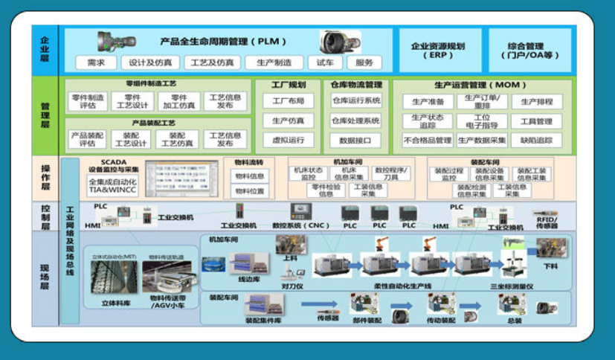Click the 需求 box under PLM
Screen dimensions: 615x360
click(96, 62)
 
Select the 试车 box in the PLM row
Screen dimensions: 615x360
click(325, 62)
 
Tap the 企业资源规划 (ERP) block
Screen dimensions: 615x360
click(438, 50)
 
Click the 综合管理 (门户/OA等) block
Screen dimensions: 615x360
click(529, 50)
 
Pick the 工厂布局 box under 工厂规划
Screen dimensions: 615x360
click(289, 100)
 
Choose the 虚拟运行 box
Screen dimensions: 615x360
click(289, 140)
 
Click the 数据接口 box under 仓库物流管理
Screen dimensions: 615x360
click(355, 140)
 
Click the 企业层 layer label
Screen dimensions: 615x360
click(44, 50)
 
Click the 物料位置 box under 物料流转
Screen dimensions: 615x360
click(249, 190)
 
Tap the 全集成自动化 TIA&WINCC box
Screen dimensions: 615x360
click(113, 185)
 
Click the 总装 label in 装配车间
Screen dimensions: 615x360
click(515, 321)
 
